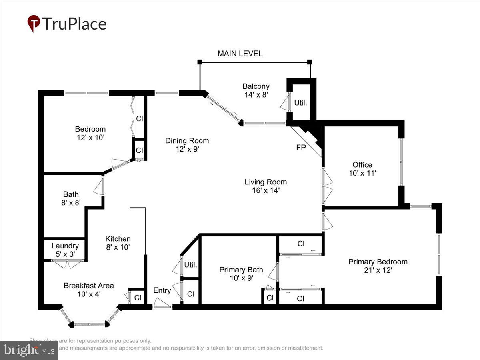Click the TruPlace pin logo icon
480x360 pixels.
click(34, 24)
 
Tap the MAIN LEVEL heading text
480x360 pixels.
click(240, 54)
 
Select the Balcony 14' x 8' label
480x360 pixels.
click(256, 90)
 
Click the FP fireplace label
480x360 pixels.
click(301, 147)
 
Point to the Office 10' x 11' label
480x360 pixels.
click(362, 169)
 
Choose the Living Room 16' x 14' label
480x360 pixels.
click(266, 186)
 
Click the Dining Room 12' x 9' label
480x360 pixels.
click(187, 144)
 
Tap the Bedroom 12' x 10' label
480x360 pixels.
click(90, 133)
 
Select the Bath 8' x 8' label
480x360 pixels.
click(71, 198)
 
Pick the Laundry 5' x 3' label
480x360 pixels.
click(65, 250)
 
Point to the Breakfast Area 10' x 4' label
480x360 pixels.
click(89, 290)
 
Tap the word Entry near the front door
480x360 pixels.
click(162, 290)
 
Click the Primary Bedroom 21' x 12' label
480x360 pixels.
click(378, 266)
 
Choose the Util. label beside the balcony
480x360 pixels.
click(300, 103)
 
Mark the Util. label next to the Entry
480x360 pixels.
click(191, 265)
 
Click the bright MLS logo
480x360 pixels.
click(29, 350)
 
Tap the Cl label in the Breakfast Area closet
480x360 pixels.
click(137, 298)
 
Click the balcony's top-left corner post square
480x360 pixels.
click(200, 62)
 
